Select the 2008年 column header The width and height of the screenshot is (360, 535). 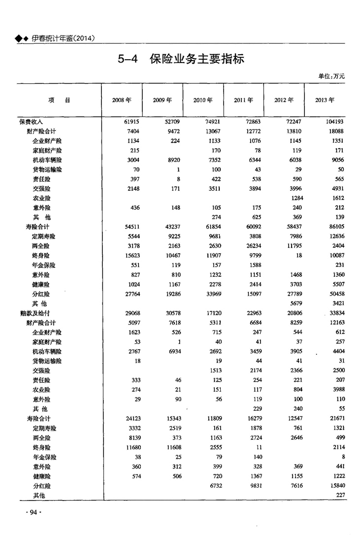click(122, 100)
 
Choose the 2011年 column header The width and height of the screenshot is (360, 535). click(243, 100)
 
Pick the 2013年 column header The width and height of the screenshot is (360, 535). click(325, 100)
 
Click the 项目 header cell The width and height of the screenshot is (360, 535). click(59, 100)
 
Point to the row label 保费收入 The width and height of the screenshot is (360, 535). click(32, 122)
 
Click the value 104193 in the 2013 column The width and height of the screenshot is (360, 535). click(333, 122)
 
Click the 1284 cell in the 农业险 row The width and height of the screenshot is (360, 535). click(294, 198)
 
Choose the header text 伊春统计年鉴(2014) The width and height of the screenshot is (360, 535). click(63, 38)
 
